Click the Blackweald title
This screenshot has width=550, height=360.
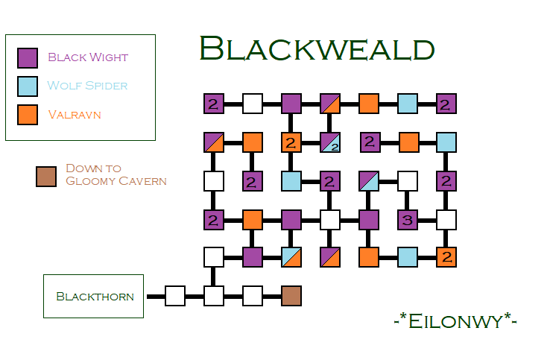(x=317, y=50)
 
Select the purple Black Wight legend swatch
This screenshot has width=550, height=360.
(x=28, y=57)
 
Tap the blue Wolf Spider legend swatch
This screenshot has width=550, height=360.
(x=28, y=86)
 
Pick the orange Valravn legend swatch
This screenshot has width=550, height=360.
(x=28, y=115)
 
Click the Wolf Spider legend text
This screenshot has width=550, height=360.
(x=87, y=86)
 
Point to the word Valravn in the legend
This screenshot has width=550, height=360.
(x=75, y=115)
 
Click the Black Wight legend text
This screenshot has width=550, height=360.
(x=88, y=57)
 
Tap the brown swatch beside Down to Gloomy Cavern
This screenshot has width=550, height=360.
(x=46, y=177)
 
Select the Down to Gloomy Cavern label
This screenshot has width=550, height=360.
(x=116, y=174)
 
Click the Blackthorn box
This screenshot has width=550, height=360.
(x=93, y=296)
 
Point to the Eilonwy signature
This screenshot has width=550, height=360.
(x=455, y=320)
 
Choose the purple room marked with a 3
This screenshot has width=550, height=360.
(x=407, y=219)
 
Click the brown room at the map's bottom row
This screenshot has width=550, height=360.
(x=291, y=296)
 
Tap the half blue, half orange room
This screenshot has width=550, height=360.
(x=291, y=257)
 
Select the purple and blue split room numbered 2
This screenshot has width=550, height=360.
(x=330, y=142)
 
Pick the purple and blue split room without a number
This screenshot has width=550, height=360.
(x=369, y=180)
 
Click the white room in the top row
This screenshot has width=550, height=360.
(x=253, y=104)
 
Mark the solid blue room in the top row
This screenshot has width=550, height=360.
(x=408, y=104)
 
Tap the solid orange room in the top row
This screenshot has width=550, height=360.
(x=369, y=104)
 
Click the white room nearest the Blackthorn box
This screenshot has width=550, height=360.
(x=175, y=296)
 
